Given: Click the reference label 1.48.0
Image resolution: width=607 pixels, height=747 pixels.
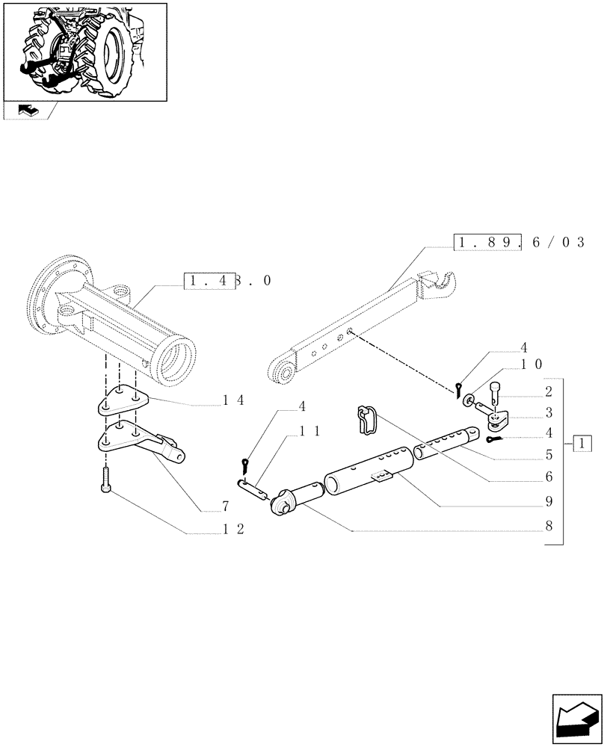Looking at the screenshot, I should [227, 282].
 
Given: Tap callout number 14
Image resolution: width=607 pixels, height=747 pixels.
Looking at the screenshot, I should [233, 400].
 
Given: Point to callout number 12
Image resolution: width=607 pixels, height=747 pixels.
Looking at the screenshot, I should [233, 529].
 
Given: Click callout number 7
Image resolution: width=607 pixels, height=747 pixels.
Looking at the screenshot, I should [224, 507].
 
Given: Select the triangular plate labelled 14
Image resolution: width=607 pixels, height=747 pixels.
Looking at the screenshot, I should [122, 404].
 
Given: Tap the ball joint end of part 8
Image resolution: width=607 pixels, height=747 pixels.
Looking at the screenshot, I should [284, 502].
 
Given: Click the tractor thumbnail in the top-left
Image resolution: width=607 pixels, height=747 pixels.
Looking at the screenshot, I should [84, 51].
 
